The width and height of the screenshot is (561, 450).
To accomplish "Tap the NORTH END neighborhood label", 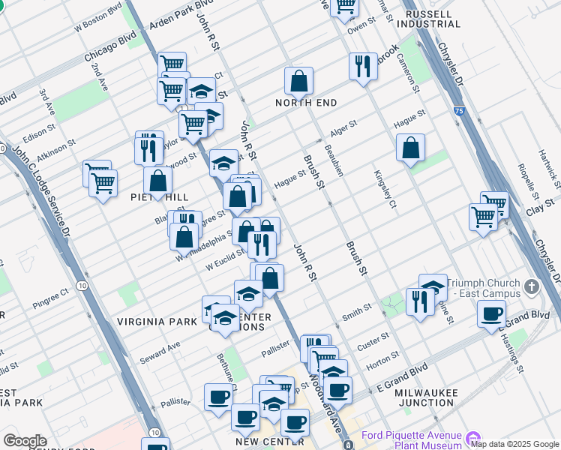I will (x=306, y=103).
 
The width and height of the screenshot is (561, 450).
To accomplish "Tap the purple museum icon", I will (x=472, y=436).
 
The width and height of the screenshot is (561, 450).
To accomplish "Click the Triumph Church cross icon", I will (x=531, y=286).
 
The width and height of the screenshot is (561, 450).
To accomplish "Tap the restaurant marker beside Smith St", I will (x=418, y=301).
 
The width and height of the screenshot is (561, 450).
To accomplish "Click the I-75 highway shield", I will (x=458, y=111).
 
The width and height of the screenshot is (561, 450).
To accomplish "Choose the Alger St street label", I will (x=343, y=129).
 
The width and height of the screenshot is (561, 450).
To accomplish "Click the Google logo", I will (x=25, y=441).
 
